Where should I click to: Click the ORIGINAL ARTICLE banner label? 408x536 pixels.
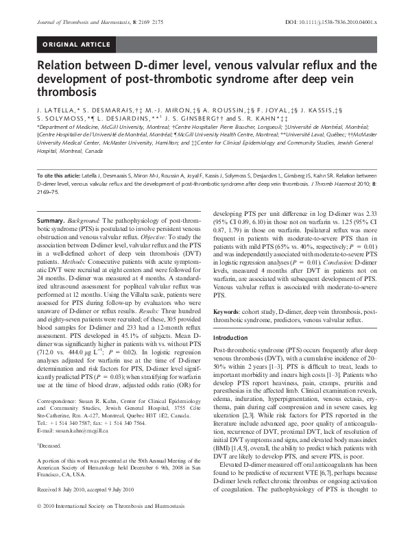point(77,45)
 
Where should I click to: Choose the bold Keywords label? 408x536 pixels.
point(230,311)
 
